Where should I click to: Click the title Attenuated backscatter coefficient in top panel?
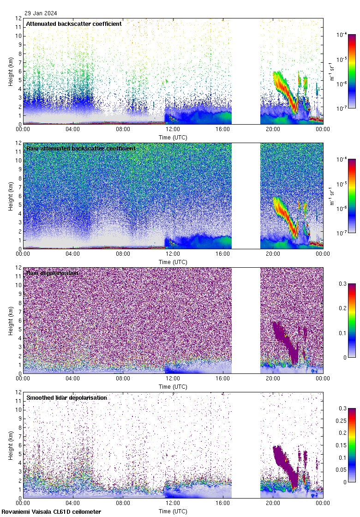click(x=74, y=24)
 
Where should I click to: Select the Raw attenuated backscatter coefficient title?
click(x=81, y=148)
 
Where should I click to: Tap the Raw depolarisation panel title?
click(x=52, y=273)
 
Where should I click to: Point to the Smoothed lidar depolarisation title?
click(x=66, y=397)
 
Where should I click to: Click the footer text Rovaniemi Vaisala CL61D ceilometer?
click(x=51, y=511)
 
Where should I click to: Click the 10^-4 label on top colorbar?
click(x=342, y=35)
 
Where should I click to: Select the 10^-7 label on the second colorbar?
click(x=342, y=233)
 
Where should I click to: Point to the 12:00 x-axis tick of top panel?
click(x=173, y=129)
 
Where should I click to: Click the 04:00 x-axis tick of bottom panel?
click(x=73, y=503)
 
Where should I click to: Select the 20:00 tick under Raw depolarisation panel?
click(x=273, y=379)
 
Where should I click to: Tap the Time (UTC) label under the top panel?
click(x=173, y=137)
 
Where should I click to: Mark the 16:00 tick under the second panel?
click(x=223, y=254)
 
